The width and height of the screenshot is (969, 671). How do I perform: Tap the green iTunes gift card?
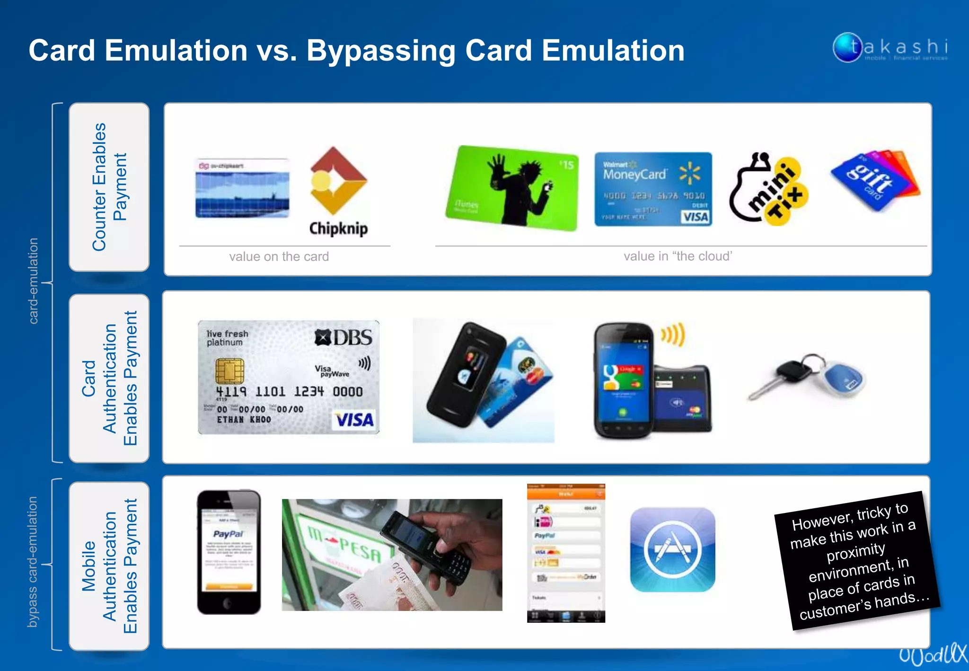[512, 188]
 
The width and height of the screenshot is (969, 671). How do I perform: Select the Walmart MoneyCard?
[653, 189]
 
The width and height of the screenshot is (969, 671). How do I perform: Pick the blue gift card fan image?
[876, 180]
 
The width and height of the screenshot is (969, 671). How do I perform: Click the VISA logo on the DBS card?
[354, 420]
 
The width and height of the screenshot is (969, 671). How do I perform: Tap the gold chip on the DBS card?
[229, 371]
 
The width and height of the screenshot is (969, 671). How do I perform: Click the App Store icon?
[672, 550]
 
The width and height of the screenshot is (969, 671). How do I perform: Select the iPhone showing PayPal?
[229, 552]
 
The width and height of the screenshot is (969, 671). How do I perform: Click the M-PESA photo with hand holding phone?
[392, 555]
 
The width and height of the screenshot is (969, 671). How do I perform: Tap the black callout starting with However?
[856, 561]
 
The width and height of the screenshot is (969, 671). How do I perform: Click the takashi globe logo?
[847, 47]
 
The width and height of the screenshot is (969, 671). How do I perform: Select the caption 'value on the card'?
[279, 256]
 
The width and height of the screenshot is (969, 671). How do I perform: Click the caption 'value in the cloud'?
[678, 256]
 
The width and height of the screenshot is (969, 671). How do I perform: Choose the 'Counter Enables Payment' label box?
[109, 187]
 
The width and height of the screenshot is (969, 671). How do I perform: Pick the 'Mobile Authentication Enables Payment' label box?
[109, 565]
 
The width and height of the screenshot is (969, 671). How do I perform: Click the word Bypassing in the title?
[381, 51]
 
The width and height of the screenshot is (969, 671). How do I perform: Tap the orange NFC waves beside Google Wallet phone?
[673, 335]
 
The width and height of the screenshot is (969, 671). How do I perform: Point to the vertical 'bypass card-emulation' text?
[32, 562]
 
